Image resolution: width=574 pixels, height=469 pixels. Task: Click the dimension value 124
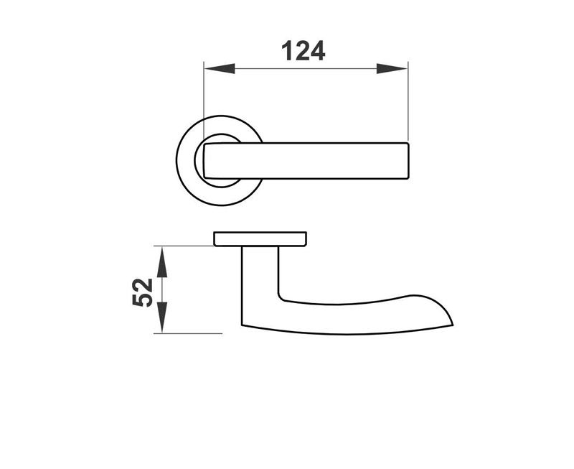(x=303, y=51)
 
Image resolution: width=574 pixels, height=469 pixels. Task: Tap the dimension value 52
(x=143, y=291)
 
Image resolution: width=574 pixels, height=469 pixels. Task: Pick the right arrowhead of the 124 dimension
(x=392, y=68)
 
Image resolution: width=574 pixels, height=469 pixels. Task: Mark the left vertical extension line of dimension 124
(x=204, y=101)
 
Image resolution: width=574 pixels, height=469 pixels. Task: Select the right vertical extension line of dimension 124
(x=408, y=101)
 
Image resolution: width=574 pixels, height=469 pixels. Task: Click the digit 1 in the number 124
(x=286, y=51)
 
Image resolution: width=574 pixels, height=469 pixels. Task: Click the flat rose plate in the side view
(x=260, y=238)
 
